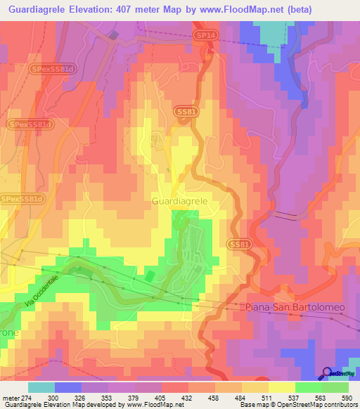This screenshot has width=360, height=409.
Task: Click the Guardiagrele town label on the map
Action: coord(179,201)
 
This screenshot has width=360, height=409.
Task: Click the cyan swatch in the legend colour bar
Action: coord(41,387)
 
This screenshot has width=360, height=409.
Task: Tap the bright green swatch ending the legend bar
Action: coord(335,387)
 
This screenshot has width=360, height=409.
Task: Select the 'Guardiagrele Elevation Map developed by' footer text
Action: coord(63,405)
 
